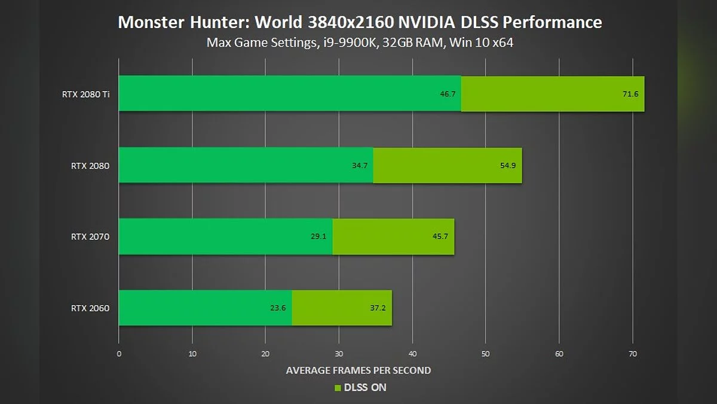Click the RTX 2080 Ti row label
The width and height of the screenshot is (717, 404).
(85, 94)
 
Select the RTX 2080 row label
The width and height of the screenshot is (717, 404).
(90, 165)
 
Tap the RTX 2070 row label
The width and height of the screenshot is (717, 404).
(90, 236)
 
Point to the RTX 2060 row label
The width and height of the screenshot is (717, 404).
(90, 308)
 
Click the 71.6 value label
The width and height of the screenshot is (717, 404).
(630, 94)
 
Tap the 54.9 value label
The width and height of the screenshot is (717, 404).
(508, 165)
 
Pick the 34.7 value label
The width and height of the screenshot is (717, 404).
(360, 165)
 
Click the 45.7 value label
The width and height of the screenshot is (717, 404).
(440, 236)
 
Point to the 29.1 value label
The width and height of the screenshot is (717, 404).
(318, 236)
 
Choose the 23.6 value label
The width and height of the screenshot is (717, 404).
(278, 308)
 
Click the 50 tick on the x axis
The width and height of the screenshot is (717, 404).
(486, 354)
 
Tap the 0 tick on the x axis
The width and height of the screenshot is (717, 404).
(119, 354)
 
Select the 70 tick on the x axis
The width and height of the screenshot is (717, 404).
(633, 354)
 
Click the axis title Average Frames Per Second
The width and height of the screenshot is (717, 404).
(358, 370)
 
